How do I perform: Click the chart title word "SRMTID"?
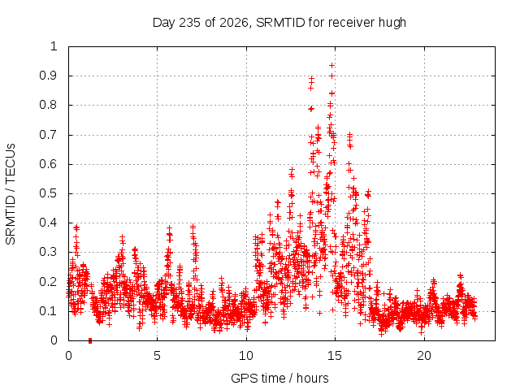tap(280, 23)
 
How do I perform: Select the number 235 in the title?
tap(189, 23)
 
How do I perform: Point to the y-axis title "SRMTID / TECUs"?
tap(11, 194)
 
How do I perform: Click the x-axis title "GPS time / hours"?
tap(279, 378)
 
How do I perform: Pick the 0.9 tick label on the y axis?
tap(49, 76)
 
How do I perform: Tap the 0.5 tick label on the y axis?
tap(49, 193)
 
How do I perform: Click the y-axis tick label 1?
tap(54, 46)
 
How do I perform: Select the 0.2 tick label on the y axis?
tap(49, 282)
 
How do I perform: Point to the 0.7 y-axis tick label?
tap(49, 135)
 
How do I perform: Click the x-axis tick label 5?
tap(157, 356)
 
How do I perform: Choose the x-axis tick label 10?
tap(246, 356)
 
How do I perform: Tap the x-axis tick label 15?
tap(335, 356)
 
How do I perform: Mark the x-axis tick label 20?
tap(424, 356)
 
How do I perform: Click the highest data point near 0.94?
tap(331, 65)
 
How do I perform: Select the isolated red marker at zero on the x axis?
tap(90, 340)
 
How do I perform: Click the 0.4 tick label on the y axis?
tap(49, 223)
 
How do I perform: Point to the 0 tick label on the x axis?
tap(68, 356)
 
